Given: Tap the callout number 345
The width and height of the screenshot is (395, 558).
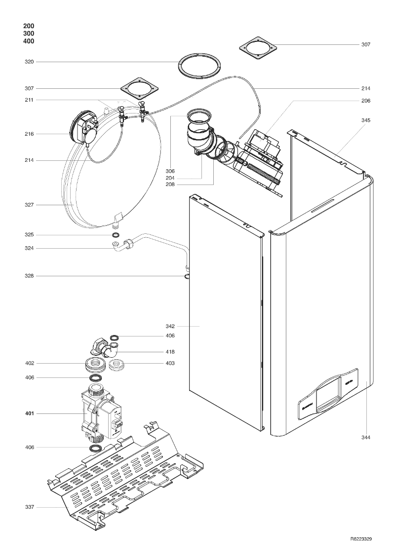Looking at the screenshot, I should [365, 120].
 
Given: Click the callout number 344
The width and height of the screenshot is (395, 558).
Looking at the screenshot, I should [365, 437].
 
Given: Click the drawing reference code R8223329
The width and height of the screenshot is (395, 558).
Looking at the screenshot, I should [361, 539].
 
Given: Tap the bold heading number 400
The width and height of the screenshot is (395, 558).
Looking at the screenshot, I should [29, 41].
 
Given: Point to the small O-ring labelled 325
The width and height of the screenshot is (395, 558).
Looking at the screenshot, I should [116, 235].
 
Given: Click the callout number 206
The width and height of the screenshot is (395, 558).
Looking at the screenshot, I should [365, 101].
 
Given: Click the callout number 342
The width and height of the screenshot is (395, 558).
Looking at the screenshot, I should [170, 326].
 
